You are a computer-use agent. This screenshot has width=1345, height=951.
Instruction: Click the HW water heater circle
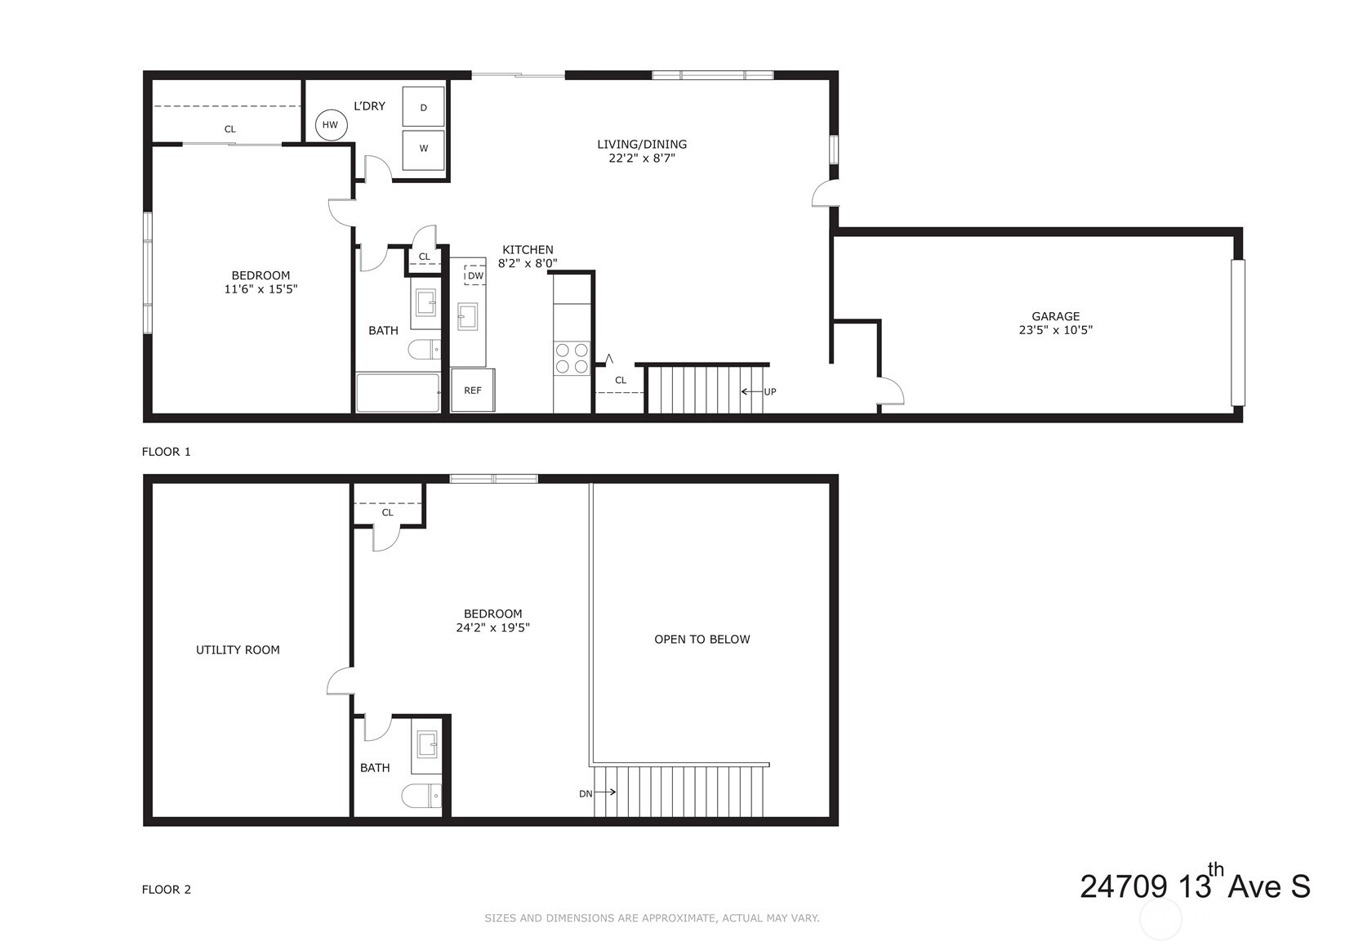331,125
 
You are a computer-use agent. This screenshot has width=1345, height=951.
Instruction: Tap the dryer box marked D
423,107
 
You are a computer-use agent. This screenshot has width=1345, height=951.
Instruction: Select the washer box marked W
423,149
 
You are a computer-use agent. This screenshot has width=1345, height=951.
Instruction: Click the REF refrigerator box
473,390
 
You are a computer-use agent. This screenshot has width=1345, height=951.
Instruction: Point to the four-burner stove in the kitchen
572,358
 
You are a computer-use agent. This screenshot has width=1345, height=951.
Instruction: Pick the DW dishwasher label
475,276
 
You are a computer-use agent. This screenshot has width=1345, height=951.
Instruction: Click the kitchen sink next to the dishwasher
468,317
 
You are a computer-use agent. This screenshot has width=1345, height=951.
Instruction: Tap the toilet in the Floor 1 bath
425,349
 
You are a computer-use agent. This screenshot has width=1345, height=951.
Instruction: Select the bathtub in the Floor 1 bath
398,393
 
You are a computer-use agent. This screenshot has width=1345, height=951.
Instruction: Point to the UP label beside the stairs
770,391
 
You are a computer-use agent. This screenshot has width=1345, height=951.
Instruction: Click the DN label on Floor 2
586,793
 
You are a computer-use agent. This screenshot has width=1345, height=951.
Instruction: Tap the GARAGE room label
1056,316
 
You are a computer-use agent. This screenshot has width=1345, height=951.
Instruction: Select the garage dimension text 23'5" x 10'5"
1056,330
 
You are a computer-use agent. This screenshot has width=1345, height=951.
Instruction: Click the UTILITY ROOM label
238,650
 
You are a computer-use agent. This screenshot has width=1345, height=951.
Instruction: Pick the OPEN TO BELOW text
702,639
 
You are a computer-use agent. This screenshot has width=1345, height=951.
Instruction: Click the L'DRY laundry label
369,105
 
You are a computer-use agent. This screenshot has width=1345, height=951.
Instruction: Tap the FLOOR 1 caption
167,452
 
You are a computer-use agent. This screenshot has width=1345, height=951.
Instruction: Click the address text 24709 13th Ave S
1195,884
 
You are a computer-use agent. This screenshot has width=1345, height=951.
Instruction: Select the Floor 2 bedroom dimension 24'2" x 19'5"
493,627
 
